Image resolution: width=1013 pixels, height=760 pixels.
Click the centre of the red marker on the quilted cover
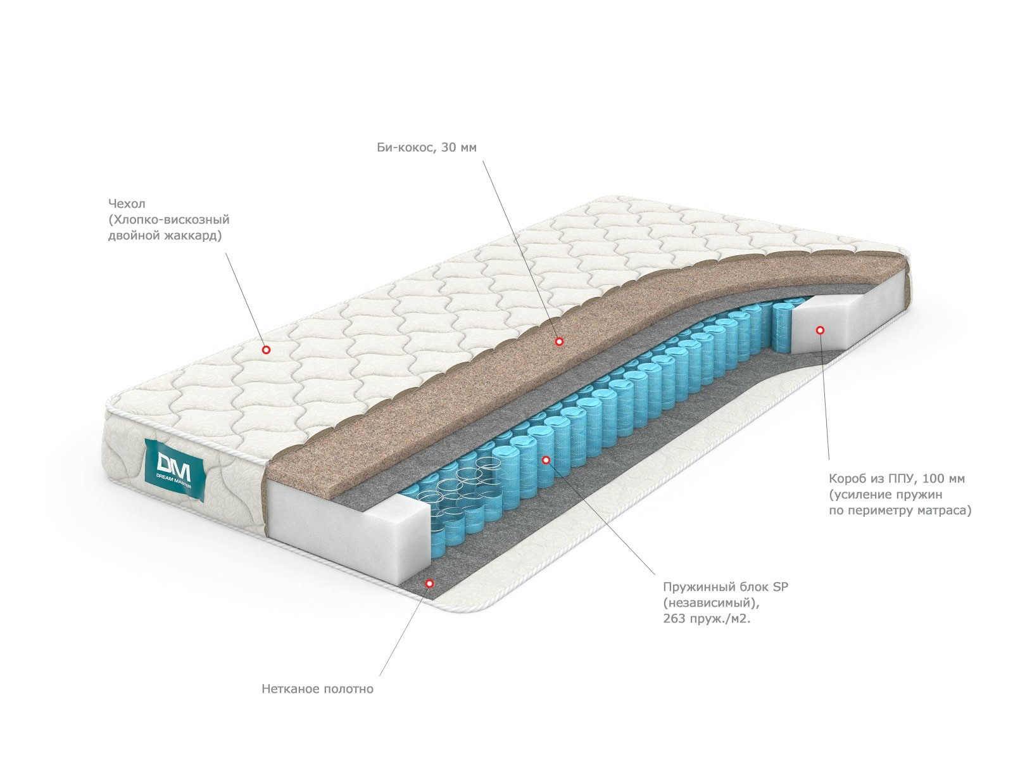(266, 350)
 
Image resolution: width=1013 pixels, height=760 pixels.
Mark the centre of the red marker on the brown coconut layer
(559, 341)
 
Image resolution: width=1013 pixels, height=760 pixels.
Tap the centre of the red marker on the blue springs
(546, 460)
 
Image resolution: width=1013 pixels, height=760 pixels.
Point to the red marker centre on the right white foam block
(820, 330)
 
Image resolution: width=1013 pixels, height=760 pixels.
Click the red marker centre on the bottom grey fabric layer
(430, 583)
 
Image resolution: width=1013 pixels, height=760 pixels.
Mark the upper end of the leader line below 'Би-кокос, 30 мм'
(482, 161)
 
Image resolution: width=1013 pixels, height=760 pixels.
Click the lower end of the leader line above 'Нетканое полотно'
(379, 676)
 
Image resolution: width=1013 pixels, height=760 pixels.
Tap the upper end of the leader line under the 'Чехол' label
(225, 252)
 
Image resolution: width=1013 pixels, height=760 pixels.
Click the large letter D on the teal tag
(164, 462)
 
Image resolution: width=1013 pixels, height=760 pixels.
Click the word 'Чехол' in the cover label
(127, 203)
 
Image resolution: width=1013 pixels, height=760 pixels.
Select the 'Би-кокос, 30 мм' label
(427, 147)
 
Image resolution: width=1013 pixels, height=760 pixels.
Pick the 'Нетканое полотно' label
(318, 689)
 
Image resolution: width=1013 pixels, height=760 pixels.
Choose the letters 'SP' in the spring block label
(781, 587)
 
